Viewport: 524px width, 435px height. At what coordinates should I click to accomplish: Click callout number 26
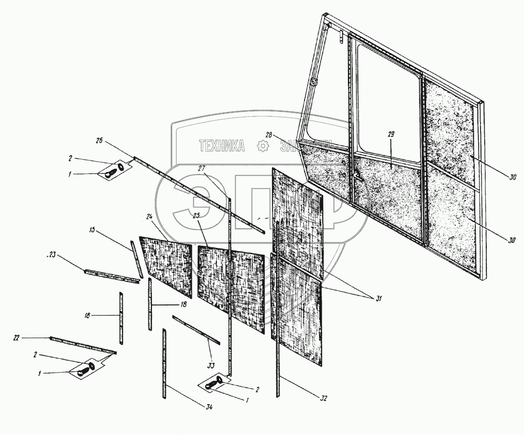[100, 141]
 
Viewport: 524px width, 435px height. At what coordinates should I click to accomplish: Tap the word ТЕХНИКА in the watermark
[221, 147]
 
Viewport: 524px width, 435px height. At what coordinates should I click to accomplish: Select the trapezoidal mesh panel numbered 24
[167, 257]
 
